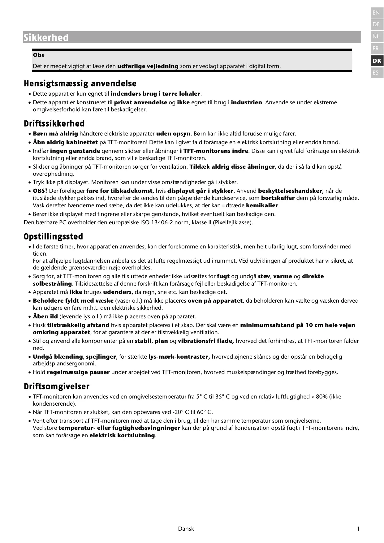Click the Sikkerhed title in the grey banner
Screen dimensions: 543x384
point(46,38)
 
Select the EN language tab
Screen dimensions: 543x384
point(376,13)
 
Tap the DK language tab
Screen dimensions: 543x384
point(377,61)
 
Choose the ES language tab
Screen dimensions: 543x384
point(376,73)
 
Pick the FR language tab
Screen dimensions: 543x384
point(376,49)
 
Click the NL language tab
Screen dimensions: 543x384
point(376,37)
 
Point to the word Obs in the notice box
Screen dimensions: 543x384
point(38,55)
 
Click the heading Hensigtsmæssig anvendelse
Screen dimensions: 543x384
point(80,84)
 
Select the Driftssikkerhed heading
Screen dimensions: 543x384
point(54,124)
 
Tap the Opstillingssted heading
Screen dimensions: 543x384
point(53,237)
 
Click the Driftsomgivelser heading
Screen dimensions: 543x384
point(57,386)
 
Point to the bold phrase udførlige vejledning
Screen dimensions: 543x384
point(148,66)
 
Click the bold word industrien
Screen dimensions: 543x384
point(246,102)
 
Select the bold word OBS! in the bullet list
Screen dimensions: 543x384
point(40,191)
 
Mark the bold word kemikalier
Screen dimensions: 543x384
point(262,205)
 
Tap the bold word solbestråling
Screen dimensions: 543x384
point(52,284)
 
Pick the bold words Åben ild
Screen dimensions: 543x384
point(45,317)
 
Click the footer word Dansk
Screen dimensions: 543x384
point(186,529)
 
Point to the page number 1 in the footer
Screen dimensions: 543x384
point(358,529)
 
